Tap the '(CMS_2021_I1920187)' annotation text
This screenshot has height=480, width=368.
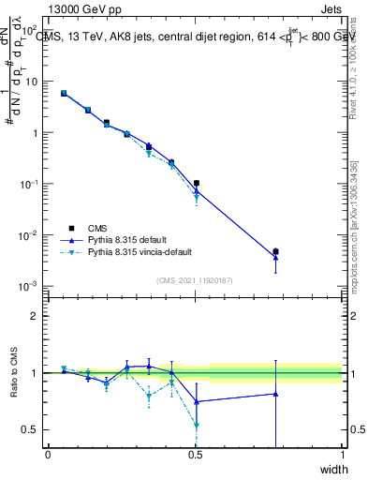(195, 279)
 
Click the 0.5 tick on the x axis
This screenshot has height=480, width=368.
(195, 455)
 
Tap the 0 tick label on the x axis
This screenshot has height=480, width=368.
(48, 455)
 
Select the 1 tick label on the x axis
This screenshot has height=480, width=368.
(342, 455)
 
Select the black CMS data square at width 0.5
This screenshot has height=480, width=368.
(196, 184)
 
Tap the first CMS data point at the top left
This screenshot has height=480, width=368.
(64, 93)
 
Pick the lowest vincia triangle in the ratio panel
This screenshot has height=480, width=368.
(196, 426)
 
